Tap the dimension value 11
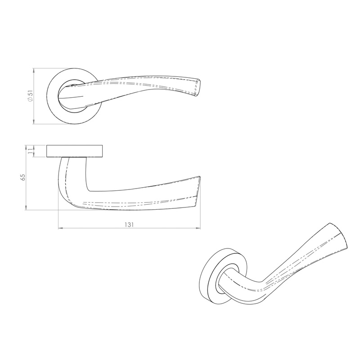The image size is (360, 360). [30, 152]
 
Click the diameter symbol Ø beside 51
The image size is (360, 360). [30, 100]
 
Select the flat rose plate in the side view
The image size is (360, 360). [75, 151]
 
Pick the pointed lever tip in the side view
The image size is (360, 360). [198, 178]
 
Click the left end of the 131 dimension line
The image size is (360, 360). [59, 229]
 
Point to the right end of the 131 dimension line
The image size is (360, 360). [200, 229]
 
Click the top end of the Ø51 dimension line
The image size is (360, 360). [35, 69]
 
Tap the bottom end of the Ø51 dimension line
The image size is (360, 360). [35, 123]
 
